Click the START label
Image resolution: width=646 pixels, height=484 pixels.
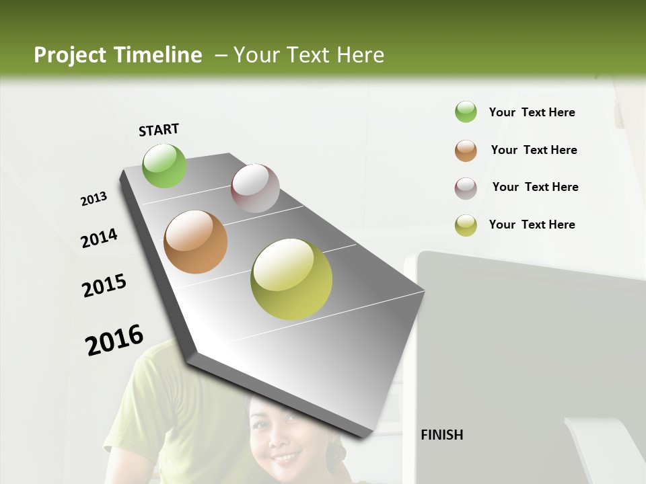point(159,130)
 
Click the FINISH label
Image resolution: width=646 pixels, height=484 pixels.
point(441,435)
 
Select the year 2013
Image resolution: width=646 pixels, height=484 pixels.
point(94,199)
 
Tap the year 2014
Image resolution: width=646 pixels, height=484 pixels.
point(100,238)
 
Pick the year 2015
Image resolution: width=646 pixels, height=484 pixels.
point(104,286)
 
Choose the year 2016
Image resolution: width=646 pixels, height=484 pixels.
point(114,339)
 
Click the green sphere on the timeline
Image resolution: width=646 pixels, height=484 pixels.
point(165,165)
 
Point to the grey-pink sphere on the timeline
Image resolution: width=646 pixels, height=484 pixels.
point(255,188)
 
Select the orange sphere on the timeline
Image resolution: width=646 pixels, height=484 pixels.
point(195,242)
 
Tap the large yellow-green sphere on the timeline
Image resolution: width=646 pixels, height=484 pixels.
point(291,279)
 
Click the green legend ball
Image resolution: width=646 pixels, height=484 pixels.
point(466,112)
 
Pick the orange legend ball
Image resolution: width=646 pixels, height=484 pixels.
point(466,151)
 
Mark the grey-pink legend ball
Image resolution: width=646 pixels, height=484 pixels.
point(466,188)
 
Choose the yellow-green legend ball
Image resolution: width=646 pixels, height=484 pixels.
point(466,225)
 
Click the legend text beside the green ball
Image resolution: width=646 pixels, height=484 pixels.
point(532,112)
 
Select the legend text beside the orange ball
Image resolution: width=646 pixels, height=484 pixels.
point(534,150)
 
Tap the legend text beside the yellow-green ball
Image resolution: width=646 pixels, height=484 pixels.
point(532,225)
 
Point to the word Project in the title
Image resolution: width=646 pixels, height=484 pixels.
point(70,55)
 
